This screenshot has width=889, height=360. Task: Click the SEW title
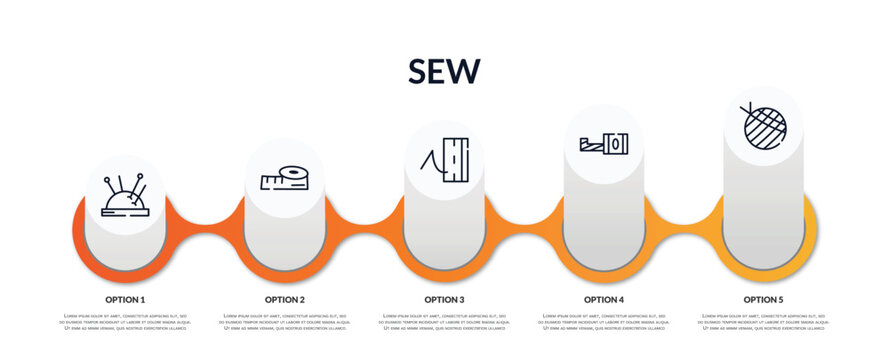pyautogui.click(x=444, y=70)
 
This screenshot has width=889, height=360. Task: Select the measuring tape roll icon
pyautogui.click(x=285, y=179)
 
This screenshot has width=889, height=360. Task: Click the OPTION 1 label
pyautogui.click(x=125, y=299)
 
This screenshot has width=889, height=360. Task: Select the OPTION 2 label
pyautogui.click(x=285, y=299)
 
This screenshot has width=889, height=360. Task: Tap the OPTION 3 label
pyautogui.click(x=444, y=299)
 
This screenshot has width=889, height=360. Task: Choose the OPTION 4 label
pyautogui.click(x=604, y=299)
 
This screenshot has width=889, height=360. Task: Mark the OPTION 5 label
pyautogui.click(x=763, y=299)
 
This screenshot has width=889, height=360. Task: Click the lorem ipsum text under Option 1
pyautogui.click(x=125, y=323)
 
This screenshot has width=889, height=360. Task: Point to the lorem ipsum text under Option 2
pyautogui.click(x=285, y=323)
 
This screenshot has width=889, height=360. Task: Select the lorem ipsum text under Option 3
pyautogui.click(x=444, y=323)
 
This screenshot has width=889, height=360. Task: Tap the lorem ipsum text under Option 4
pyautogui.click(x=604, y=323)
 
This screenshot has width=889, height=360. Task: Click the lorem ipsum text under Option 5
pyautogui.click(x=763, y=323)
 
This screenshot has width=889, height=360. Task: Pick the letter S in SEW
pyautogui.click(x=419, y=71)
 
